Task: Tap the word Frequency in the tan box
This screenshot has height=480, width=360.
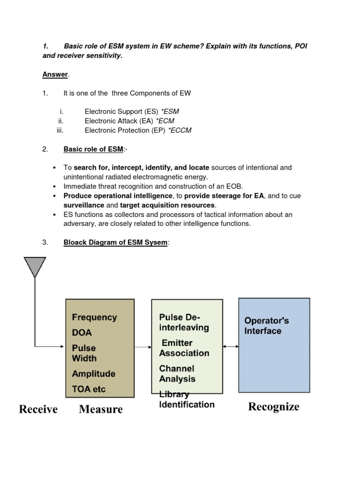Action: pyautogui.click(x=94, y=317)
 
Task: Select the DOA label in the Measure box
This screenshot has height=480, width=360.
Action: pyautogui.click(x=82, y=333)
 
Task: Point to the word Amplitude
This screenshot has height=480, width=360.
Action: pyautogui.click(x=93, y=374)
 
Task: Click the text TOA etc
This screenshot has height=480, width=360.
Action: pyautogui.click(x=89, y=389)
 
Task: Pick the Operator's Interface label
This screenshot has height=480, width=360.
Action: pyautogui.click(x=266, y=326)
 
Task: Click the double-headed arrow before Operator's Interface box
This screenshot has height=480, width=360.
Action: pyautogui.click(x=231, y=346)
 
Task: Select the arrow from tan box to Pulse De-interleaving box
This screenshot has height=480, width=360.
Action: pyautogui.click(x=143, y=347)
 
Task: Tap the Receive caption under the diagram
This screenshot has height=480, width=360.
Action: pyautogui.click(x=38, y=409)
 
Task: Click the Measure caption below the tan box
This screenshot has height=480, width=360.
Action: pyautogui.click(x=101, y=409)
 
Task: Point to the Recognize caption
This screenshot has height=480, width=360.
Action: pyautogui.click(x=274, y=406)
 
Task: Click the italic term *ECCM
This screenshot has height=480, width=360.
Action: pyautogui.click(x=180, y=130)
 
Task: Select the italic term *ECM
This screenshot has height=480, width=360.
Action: pyautogui.click(x=165, y=121)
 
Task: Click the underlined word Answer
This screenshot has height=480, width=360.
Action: pyautogui.click(x=55, y=75)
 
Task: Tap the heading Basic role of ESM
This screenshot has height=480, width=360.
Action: pyautogui.click(x=93, y=149)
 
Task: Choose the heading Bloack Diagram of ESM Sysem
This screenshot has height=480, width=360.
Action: pyautogui.click(x=115, y=242)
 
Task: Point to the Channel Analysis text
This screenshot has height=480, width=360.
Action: pyautogui.click(x=177, y=374)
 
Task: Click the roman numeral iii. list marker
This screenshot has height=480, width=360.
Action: pyautogui.click(x=60, y=130)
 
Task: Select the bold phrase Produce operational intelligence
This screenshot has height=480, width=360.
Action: pyautogui.click(x=118, y=196)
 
